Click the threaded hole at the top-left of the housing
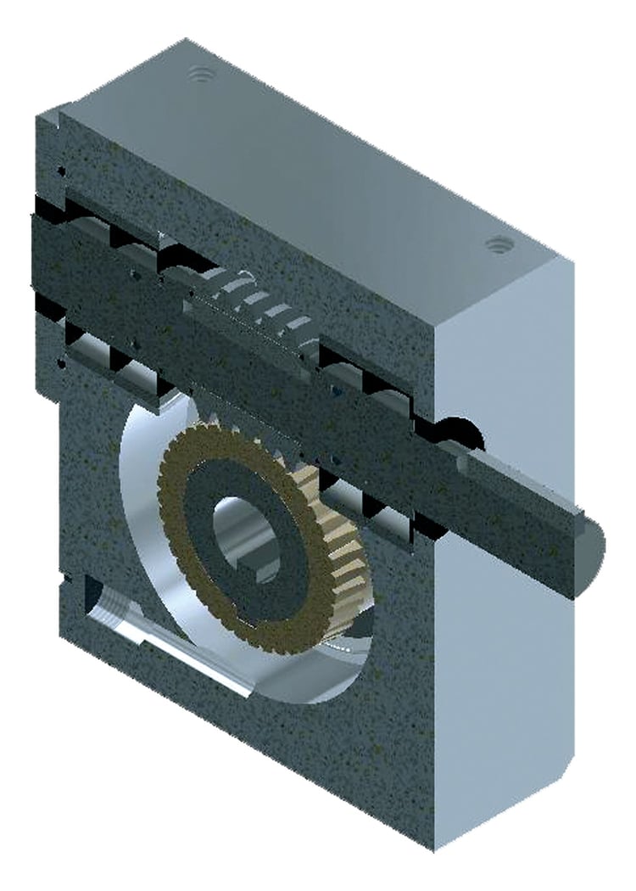200,75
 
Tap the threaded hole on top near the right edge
496,246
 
